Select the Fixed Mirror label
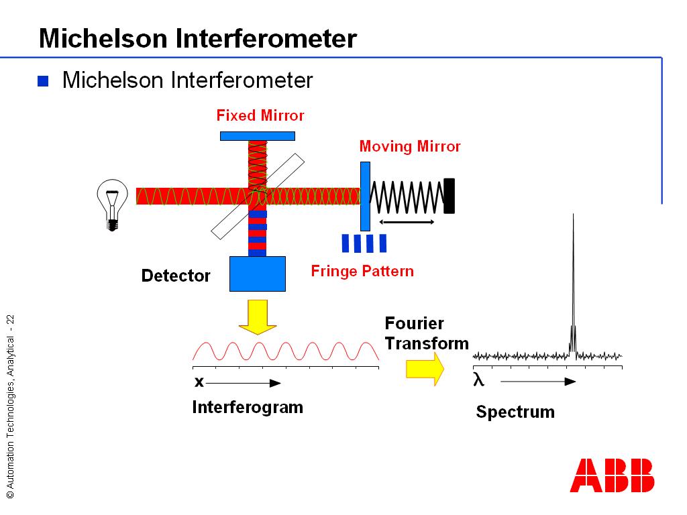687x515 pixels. pyautogui.click(x=260, y=116)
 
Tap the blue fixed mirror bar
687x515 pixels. pyautogui.click(x=258, y=136)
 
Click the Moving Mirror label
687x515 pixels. pyautogui.click(x=410, y=146)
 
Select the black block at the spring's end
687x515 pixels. pyautogui.click(x=449, y=196)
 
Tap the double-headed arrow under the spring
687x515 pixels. pyautogui.click(x=407, y=222)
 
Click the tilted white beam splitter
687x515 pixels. pyautogui.click(x=258, y=195)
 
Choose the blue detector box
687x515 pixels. pyautogui.click(x=258, y=274)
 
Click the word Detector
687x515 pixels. pyautogui.click(x=176, y=276)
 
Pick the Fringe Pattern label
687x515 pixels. pyautogui.click(x=362, y=271)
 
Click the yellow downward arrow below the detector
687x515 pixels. pyautogui.click(x=258, y=317)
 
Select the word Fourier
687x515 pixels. pyautogui.click(x=414, y=323)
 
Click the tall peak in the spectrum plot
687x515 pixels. pyautogui.click(x=573, y=282)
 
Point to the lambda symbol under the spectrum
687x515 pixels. pyautogui.click(x=478, y=380)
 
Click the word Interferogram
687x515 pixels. pyautogui.click(x=248, y=407)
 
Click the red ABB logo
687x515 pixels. pyautogui.click(x=612, y=475)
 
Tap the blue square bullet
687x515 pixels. pyautogui.click(x=43, y=81)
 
